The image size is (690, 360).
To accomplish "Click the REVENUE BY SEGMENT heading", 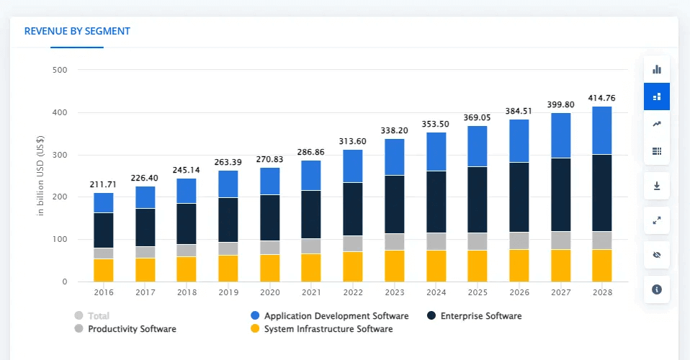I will coord(77,31).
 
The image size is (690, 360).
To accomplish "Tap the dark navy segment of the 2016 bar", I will coord(104,230).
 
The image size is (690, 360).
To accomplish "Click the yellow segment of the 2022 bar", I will coord(353,266).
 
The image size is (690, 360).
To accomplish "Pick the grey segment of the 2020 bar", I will coord(270,247).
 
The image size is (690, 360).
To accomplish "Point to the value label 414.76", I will coord(601,98).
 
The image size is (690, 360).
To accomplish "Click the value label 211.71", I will coord(104,185).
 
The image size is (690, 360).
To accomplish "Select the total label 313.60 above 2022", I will coord(353,141).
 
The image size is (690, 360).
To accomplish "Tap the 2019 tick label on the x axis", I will coord(228,293).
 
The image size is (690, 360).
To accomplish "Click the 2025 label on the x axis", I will coord(478,293).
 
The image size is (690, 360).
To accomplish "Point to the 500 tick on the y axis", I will coord(60,71).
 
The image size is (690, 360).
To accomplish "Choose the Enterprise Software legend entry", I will coord(480,316).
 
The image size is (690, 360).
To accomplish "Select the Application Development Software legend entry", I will coord(336,316).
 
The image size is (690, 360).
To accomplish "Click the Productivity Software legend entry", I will coord(131,329).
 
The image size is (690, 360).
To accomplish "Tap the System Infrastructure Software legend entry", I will coord(328,329).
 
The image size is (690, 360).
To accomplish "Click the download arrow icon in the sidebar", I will coord(656,186).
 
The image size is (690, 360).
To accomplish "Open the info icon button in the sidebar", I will coord(656,289).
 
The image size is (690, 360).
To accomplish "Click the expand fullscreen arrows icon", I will coord(656,220).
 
